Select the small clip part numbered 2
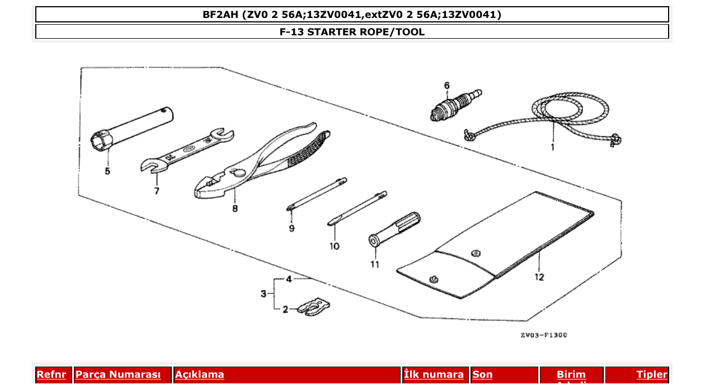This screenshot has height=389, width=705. pyautogui.click(x=313, y=307)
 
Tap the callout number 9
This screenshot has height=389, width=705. pyautogui.click(x=292, y=228)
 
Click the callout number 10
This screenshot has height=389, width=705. pyautogui.click(x=334, y=246)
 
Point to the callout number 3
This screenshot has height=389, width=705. pyautogui.click(x=263, y=294)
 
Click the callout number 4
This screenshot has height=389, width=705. pyautogui.click(x=289, y=279)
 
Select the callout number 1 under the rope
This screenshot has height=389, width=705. pyautogui.click(x=552, y=147)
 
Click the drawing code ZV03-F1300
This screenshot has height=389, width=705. pyautogui.click(x=543, y=335)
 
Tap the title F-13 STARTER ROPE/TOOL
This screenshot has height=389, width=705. pyautogui.click(x=352, y=32)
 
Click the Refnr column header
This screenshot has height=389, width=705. pyautogui.click(x=51, y=374)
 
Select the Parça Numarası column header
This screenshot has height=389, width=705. pyautogui.click(x=118, y=374)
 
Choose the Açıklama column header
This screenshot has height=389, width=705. pyautogui.click(x=200, y=374)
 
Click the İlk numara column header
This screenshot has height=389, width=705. pyautogui.click(x=434, y=374)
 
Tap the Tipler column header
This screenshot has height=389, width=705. pyautogui.click(x=652, y=374)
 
